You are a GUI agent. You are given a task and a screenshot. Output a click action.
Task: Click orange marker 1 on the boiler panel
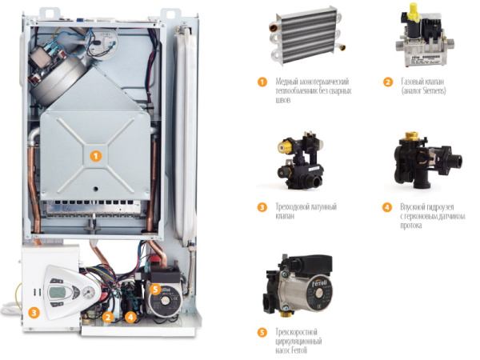coord(95,157)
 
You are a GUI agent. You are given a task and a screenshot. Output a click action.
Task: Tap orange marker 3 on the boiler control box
coord(34,313)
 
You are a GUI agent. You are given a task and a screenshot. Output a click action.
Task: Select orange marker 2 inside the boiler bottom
coord(107,317)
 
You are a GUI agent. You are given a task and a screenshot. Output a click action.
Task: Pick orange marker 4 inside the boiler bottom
coord(130,317)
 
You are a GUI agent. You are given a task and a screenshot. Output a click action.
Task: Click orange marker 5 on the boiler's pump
coord(155,289)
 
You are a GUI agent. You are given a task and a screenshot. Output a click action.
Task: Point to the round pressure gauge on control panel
coord(89,291)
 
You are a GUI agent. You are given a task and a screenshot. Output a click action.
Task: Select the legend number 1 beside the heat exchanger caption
coord(262,82)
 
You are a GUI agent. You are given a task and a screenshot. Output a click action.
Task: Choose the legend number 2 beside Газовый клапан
coord(387,82)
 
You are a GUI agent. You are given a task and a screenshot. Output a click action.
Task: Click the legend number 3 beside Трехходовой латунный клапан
coord(262,207)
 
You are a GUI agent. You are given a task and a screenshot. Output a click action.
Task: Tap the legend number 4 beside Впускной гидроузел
coord(387,207)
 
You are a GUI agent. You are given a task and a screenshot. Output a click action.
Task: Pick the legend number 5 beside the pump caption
coord(262,333)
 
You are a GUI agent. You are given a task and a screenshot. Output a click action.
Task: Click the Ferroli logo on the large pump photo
coord(319,283)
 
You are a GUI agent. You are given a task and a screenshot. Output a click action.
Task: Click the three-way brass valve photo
coord(300,161)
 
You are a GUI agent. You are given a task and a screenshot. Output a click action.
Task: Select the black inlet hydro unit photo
coord(427,160)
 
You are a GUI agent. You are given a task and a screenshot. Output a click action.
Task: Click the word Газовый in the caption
coord(411,82)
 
